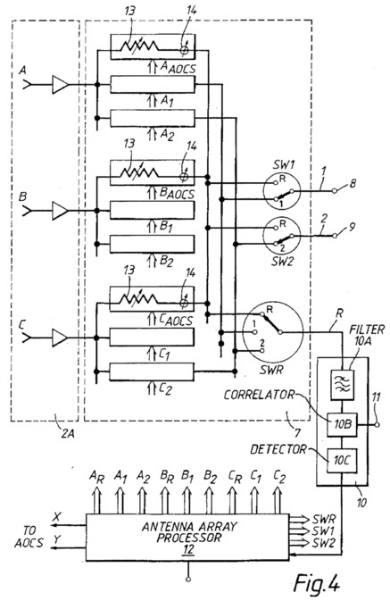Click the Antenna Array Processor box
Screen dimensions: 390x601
(187, 538)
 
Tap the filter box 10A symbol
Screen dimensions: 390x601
(343, 384)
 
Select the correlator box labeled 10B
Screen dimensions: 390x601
(342, 425)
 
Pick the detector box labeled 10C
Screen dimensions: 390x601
(342, 460)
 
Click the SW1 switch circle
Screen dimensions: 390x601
(282, 190)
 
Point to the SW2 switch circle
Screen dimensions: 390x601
(282, 236)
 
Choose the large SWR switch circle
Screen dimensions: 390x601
(272, 331)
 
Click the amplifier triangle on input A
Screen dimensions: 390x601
(60, 84)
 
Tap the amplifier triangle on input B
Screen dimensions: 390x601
(60, 211)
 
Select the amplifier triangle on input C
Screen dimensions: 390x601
(60, 338)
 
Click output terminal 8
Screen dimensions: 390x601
(336, 190)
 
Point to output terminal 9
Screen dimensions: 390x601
(336, 236)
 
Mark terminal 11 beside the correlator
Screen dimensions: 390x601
(377, 425)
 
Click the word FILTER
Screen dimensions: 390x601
(367, 330)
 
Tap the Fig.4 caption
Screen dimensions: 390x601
(317, 583)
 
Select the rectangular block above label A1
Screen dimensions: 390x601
(153, 84)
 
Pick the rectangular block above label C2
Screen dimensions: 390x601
(152, 371)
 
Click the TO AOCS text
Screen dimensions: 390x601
(29, 537)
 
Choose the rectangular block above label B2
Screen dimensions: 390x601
(152, 244)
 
